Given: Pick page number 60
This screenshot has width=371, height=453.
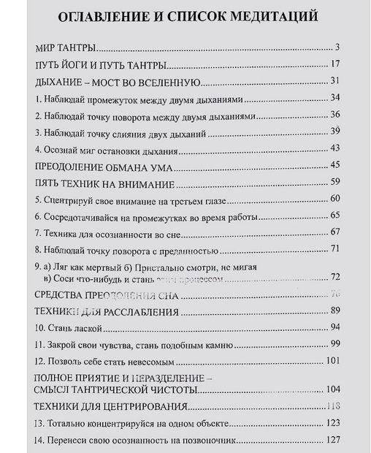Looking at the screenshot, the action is point(336,199).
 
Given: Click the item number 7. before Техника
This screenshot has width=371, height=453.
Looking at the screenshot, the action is point(38,232).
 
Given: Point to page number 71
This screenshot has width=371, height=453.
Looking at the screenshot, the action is point(336,249).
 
